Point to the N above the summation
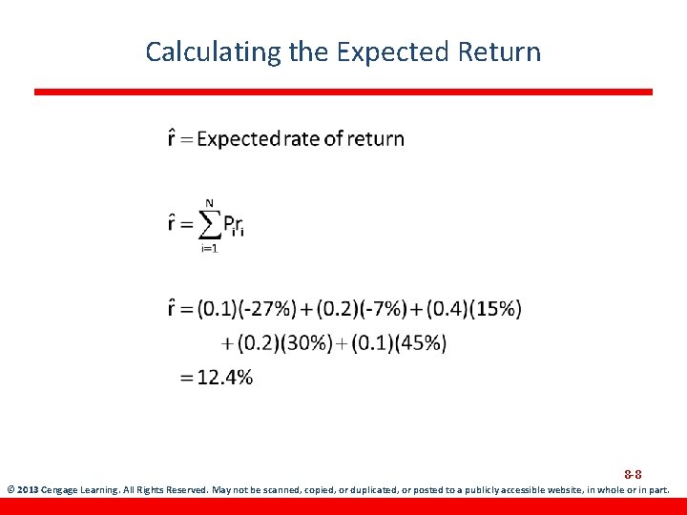coord(208,202)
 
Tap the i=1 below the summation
coord(208,249)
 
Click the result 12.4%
coord(224,378)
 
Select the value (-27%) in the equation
coord(267,309)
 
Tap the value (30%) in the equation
coord(305,342)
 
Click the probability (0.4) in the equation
coord(445,309)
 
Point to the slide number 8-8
coord(633,474)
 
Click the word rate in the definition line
coord(301,139)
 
